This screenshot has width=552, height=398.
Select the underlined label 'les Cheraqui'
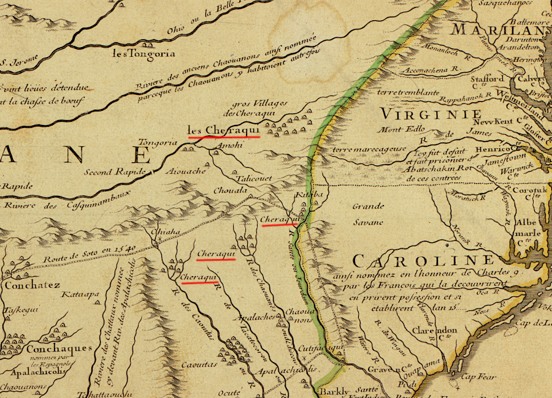click(x=224, y=130)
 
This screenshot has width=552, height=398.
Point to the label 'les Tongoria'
click(x=136, y=53)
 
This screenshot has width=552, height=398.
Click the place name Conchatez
click(x=33, y=285)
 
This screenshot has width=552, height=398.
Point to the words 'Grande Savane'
click(x=368, y=214)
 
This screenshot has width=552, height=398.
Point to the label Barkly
click(x=333, y=391)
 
